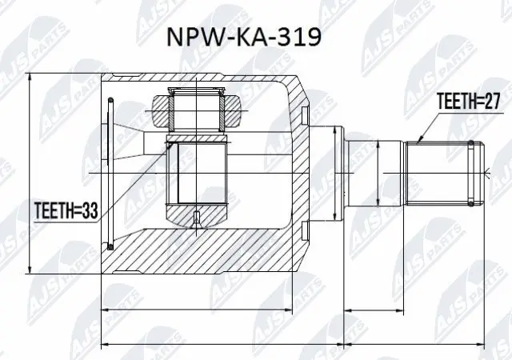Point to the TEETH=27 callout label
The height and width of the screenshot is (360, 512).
click(x=467, y=102)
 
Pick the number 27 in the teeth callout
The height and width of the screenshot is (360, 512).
click(x=490, y=102)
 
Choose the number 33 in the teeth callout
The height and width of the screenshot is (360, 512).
click(x=93, y=211)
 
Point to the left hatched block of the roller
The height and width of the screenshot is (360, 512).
click(x=159, y=108)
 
